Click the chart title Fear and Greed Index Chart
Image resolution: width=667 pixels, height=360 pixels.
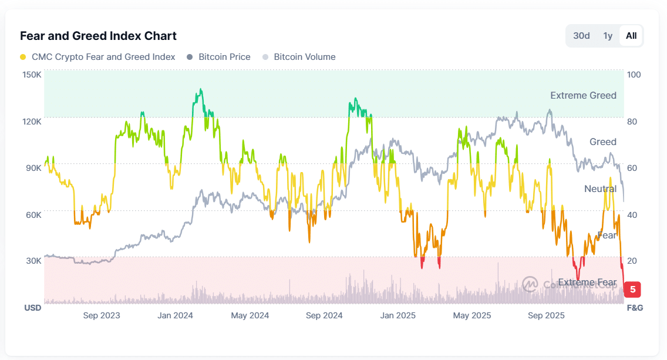coord(98,36)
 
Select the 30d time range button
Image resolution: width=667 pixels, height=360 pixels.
coord(581,36)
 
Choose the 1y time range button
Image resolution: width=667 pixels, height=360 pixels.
coord(608,36)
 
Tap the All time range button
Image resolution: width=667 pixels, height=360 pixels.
coord(631,36)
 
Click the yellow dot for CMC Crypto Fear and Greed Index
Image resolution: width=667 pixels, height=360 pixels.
coord(23,57)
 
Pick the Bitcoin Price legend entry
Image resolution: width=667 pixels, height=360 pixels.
coord(218,57)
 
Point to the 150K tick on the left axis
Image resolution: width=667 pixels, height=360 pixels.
coord(32,75)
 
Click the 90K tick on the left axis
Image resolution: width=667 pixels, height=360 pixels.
coord(33,168)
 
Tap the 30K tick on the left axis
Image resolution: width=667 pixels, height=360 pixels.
coord(33,261)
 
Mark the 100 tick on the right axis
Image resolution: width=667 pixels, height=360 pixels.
coord(634,75)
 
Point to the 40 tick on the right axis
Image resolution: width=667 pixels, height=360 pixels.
coord(632,215)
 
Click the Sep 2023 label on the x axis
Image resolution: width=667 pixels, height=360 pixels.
coord(102,316)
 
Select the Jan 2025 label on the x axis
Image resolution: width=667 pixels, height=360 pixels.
coord(397,316)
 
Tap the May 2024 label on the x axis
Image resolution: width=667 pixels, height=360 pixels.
coord(250,316)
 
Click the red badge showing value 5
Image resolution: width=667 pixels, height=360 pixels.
coord(632,290)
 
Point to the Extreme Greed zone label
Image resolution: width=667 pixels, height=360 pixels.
coord(583,95)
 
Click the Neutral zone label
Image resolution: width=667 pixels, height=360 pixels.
coord(600,189)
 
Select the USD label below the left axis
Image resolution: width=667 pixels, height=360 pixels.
coord(33,308)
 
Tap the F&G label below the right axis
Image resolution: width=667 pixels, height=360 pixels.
coord(635,308)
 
